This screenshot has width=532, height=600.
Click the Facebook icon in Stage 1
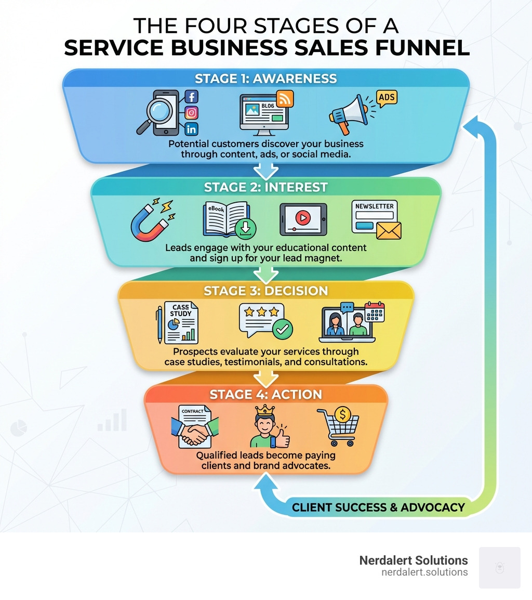tap(192, 97)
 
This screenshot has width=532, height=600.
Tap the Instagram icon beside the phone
tap(192, 113)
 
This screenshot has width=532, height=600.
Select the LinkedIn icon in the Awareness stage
tap(192, 129)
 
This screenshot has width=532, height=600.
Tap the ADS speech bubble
tap(386, 98)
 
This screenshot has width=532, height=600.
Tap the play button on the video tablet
tap(303, 217)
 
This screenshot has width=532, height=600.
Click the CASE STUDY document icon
tap(180, 323)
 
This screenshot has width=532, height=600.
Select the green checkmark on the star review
tap(283, 329)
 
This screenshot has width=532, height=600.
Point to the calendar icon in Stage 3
tap(374, 312)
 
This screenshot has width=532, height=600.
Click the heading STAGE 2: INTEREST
tap(265, 187)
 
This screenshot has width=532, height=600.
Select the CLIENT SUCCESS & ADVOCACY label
tap(378, 507)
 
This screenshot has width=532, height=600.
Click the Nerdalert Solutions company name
tap(413, 560)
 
